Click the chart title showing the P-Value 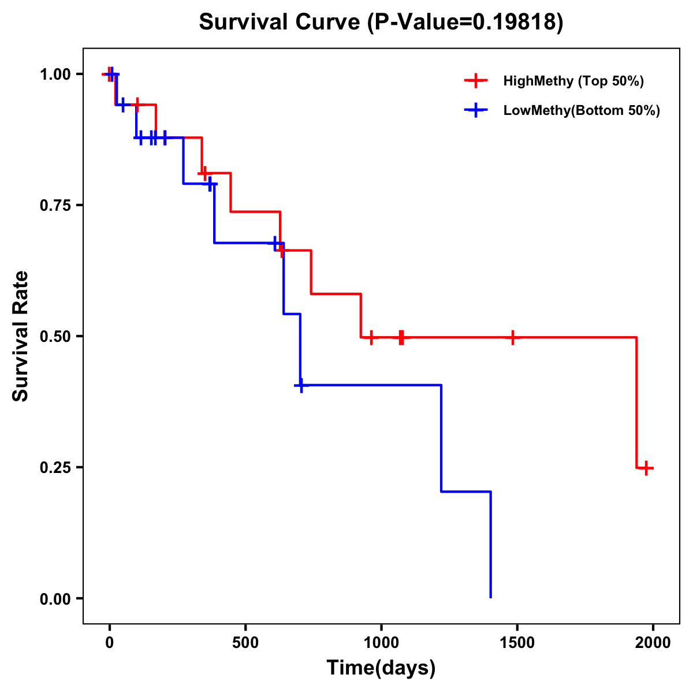pyautogui.click(x=381, y=23)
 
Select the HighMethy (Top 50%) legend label pyautogui.click(x=573, y=81)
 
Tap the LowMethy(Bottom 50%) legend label pyautogui.click(x=582, y=110)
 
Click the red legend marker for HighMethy pyautogui.click(x=475, y=81)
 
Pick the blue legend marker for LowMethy pyautogui.click(x=475, y=110)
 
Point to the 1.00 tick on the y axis pyautogui.click(x=55, y=74)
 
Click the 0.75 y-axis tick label pyautogui.click(x=55, y=206)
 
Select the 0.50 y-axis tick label pyautogui.click(x=55, y=337)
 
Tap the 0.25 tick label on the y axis pyautogui.click(x=55, y=468)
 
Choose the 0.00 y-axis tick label pyautogui.click(x=55, y=599)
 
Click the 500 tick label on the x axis pyautogui.click(x=245, y=643)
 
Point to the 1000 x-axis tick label pyautogui.click(x=381, y=643)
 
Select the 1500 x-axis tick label pyautogui.click(x=517, y=643)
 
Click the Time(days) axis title pyautogui.click(x=381, y=668)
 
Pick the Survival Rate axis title pyautogui.click(x=21, y=336)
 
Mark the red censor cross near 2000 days pyautogui.click(x=647, y=468)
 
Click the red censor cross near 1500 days pyautogui.click(x=512, y=337)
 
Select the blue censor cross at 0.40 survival pyautogui.click(x=300, y=385)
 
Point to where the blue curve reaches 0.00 pyautogui.click(x=491, y=597)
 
